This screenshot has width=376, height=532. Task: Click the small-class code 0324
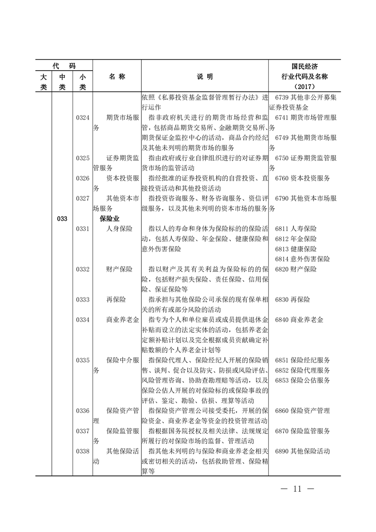[83, 117]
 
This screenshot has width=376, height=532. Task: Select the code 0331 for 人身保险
[83, 229]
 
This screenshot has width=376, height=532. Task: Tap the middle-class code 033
[62, 219]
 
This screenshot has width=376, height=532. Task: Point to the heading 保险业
[109, 219]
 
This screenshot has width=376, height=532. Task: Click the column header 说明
[205, 76]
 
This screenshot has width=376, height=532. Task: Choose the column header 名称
[117, 76]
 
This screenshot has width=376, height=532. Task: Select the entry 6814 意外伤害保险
[302, 259]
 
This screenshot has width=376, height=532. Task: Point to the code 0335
[83, 360]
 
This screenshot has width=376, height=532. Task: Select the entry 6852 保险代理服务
[302, 370]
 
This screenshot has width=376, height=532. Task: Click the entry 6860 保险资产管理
[302, 411]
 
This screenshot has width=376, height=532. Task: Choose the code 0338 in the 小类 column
[83, 451]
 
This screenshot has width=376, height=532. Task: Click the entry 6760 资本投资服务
[302, 178]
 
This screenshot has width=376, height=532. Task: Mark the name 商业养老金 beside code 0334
[119, 320]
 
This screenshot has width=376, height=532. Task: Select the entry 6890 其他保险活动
[302, 451]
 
